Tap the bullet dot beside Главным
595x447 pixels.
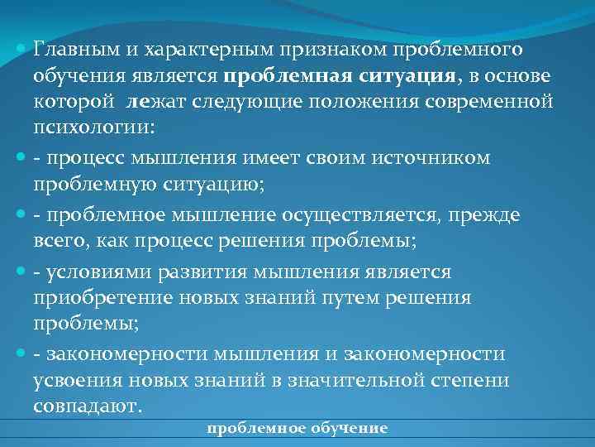coord(21,50)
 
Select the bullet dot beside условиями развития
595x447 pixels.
coord(21,272)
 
